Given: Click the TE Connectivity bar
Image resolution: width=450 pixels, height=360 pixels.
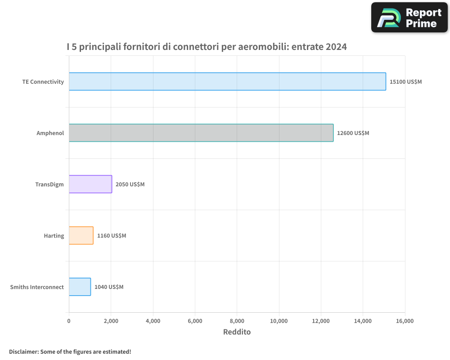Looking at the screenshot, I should pyautogui.click(x=227, y=81).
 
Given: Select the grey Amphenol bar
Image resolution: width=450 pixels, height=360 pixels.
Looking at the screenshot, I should pyautogui.click(x=201, y=133).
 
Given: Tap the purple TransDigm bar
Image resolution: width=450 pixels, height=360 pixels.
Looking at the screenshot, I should pyautogui.click(x=90, y=184).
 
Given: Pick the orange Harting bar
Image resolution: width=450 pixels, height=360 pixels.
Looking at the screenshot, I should pyautogui.click(x=81, y=235).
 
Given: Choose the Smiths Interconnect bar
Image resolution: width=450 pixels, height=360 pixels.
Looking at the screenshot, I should pyautogui.click(x=80, y=287).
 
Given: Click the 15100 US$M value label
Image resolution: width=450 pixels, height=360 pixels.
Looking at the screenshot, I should pyautogui.click(x=405, y=82).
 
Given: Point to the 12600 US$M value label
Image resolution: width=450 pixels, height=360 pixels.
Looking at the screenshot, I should pyautogui.click(x=353, y=133).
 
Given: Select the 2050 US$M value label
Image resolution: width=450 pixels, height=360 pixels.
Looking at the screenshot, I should pyautogui.click(x=130, y=184).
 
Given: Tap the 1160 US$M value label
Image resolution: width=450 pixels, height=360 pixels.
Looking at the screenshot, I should pyautogui.click(x=112, y=236).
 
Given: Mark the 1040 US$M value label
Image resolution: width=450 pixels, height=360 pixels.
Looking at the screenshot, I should pyautogui.click(x=109, y=287).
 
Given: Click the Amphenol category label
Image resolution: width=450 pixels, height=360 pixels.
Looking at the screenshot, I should pyautogui.click(x=50, y=133).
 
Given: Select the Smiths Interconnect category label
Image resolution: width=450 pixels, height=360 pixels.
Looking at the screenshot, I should pyautogui.click(x=37, y=287).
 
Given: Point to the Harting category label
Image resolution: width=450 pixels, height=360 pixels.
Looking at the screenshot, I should pyautogui.click(x=54, y=236).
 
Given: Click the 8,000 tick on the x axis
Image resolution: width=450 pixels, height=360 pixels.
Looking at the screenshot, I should pyautogui.click(x=237, y=321).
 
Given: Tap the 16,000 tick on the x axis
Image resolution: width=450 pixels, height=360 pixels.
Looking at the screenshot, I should pyautogui.click(x=405, y=321).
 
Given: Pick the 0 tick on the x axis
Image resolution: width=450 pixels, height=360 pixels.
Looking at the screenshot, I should pyautogui.click(x=69, y=321).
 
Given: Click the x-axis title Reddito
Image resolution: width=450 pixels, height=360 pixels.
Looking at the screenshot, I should pyautogui.click(x=237, y=332).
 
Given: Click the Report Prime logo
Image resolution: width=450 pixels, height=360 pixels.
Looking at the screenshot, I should pyautogui.click(x=409, y=18).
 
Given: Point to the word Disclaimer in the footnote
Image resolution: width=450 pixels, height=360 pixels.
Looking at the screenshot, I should pyautogui.click(x=24, y=351).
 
